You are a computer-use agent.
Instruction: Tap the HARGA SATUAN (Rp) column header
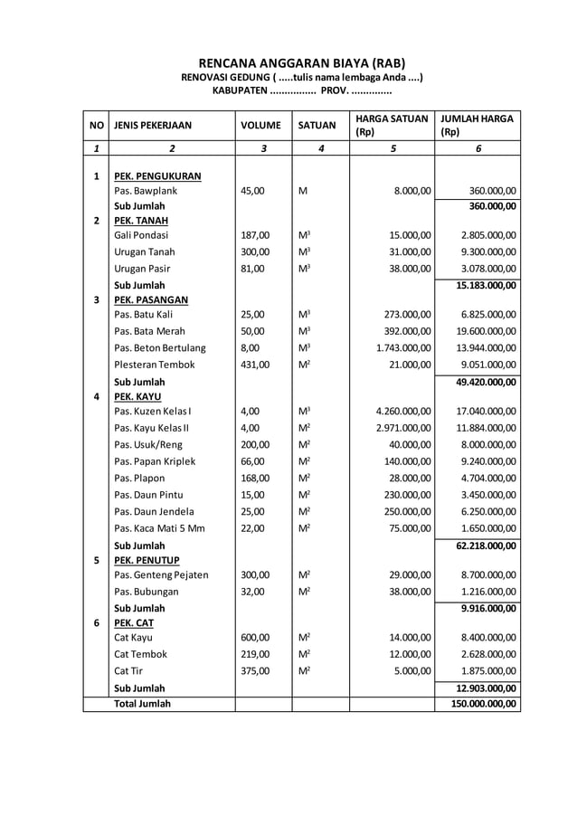pos(392,125)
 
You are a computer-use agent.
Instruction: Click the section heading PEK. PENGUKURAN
pos(157,176)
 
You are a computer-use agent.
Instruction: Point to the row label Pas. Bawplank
pos(146,191)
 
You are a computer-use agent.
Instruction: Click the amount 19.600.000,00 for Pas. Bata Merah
pos(486,331)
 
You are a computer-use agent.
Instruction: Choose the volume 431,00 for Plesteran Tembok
pos(255,365)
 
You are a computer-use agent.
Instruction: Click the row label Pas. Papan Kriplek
pos(155,460)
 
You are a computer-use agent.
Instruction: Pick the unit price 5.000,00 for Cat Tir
pos(412,670)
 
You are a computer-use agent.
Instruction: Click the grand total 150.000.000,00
pos(485,703)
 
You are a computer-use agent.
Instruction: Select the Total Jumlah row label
pos(142,703)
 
